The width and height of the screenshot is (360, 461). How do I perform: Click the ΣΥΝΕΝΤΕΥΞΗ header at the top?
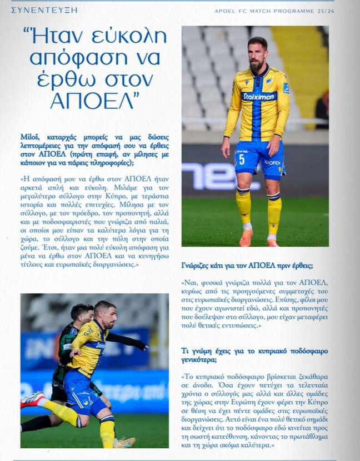pos(44,10)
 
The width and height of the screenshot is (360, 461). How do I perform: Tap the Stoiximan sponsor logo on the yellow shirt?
pos(259,96)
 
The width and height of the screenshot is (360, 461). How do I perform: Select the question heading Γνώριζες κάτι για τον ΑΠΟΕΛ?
pos(247,265)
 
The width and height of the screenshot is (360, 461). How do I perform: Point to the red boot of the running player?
pos(32,399)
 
